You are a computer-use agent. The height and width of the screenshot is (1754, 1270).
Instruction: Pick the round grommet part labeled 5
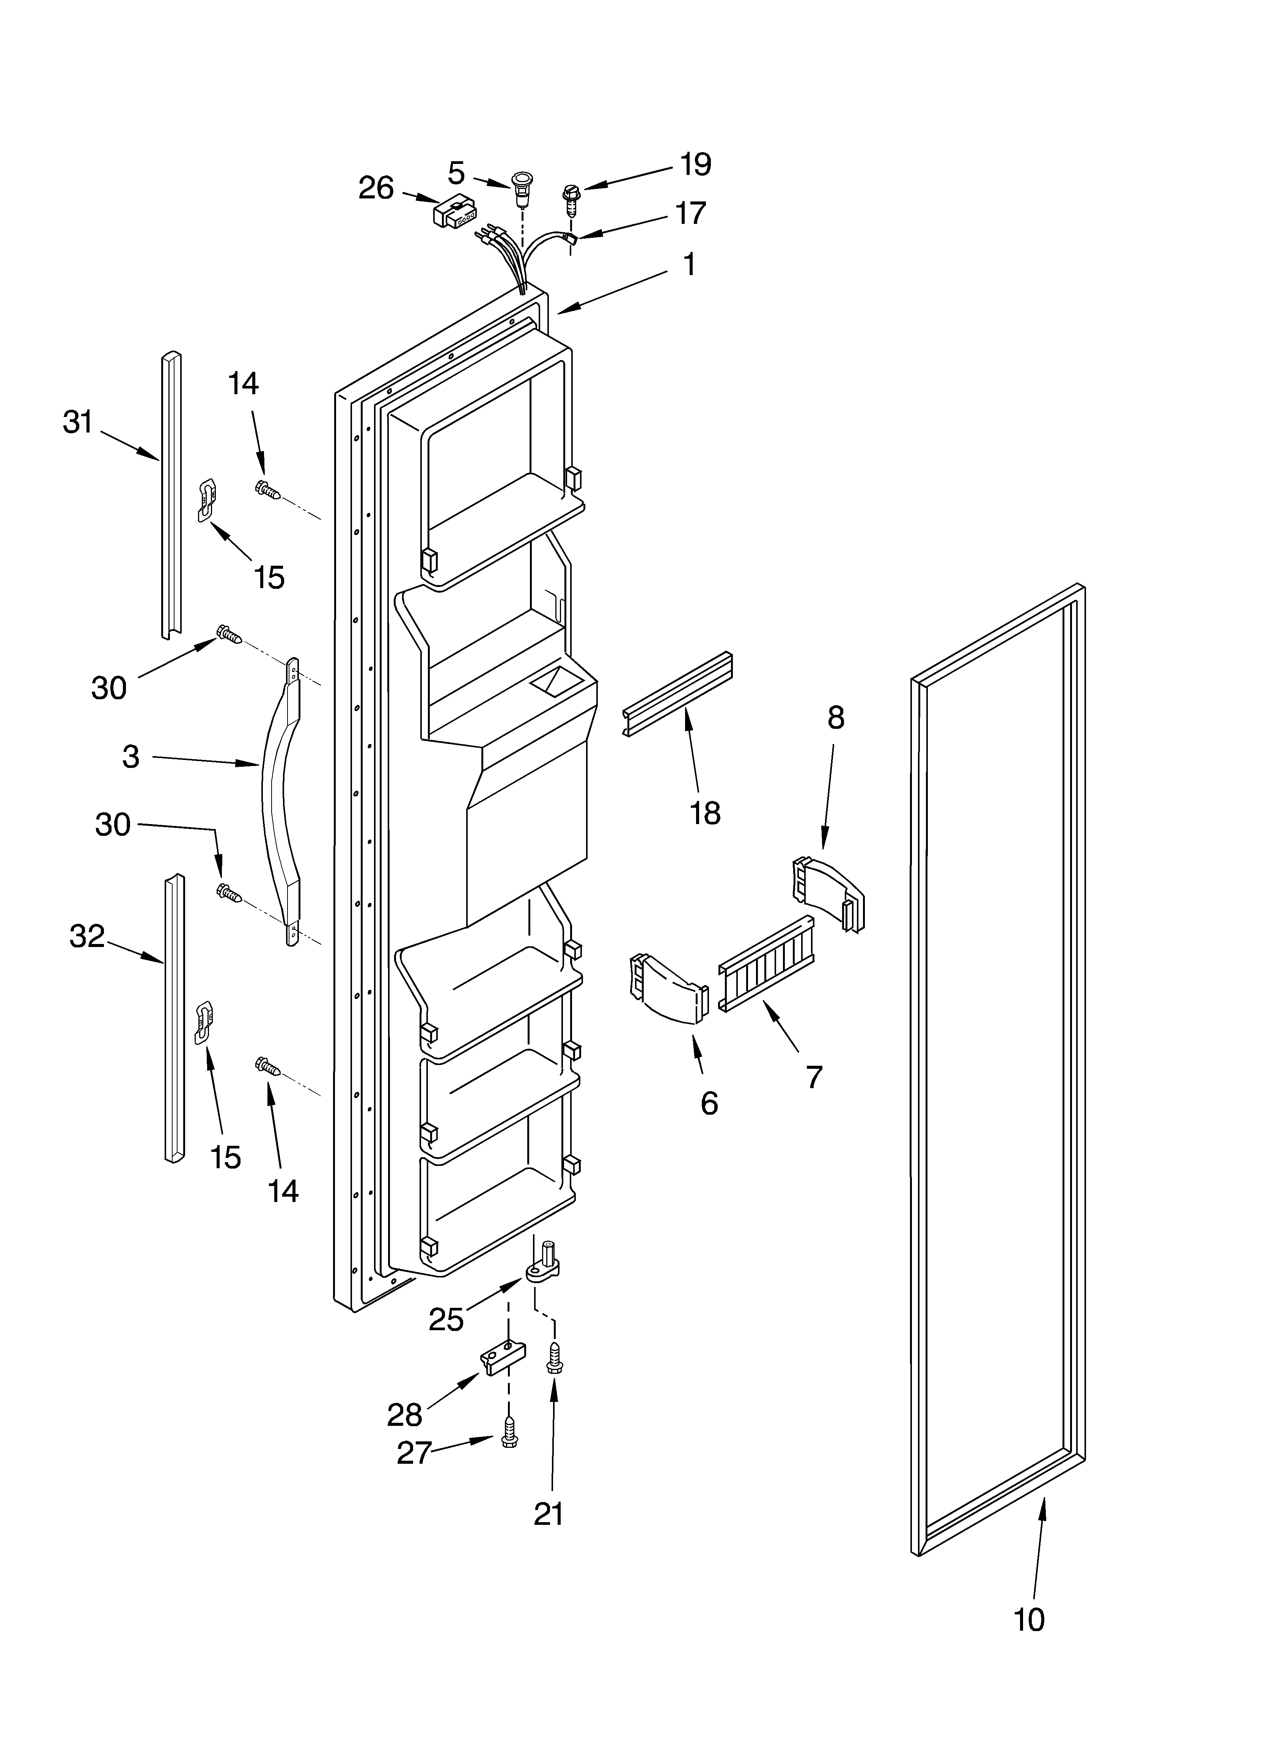tap(523, 189)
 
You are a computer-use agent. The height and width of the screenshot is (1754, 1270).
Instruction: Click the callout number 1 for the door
tap(688, 264)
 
